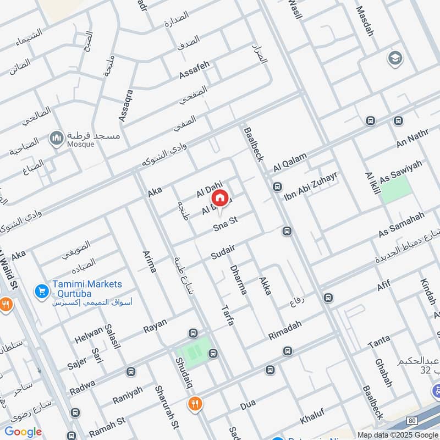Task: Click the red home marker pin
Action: [x=219, y=198]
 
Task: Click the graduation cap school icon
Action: [x=394, y=58]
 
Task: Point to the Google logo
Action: [x=23, y=432]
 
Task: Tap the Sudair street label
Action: [x=223, y=252]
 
